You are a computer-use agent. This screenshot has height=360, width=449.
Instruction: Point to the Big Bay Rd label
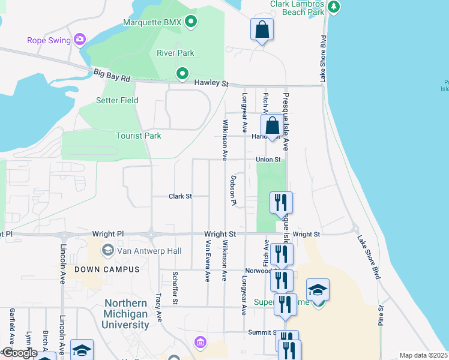[112, 75]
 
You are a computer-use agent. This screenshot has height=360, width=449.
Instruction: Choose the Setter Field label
[117, 100]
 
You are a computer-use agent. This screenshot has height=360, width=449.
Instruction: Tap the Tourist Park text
[139, 136]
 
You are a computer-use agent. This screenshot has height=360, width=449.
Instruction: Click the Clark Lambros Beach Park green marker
[334, 7]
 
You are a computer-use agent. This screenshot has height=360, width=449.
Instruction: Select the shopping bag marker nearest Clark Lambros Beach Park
[262, 29]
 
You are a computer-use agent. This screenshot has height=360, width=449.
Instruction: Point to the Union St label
[268, 160]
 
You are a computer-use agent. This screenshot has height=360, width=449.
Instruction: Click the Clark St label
[179, 196]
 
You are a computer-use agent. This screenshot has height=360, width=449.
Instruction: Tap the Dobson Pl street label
[233, 190]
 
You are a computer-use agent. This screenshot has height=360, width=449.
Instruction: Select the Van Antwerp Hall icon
[108, 249]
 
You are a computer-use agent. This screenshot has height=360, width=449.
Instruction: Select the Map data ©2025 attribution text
[422, 355]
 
